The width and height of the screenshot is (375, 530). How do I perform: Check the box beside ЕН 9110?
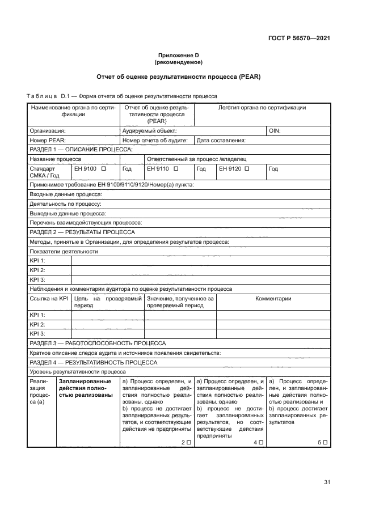[x=176, y=169]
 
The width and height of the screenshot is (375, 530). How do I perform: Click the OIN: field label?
[x=274, y=130]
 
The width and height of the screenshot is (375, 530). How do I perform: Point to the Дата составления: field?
[x=221, y=140]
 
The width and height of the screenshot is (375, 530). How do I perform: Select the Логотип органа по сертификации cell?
[x=262, y=108]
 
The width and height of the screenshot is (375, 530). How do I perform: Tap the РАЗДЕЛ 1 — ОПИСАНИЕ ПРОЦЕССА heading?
[x=81, y=150]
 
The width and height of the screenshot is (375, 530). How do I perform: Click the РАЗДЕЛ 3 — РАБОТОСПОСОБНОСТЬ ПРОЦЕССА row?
[x=97, y=343]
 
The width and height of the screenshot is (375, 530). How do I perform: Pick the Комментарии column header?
[x=273, y=299]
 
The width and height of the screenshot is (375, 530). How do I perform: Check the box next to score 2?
[x=188, y=442]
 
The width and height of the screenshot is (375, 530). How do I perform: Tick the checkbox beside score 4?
[x=261, y=442]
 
